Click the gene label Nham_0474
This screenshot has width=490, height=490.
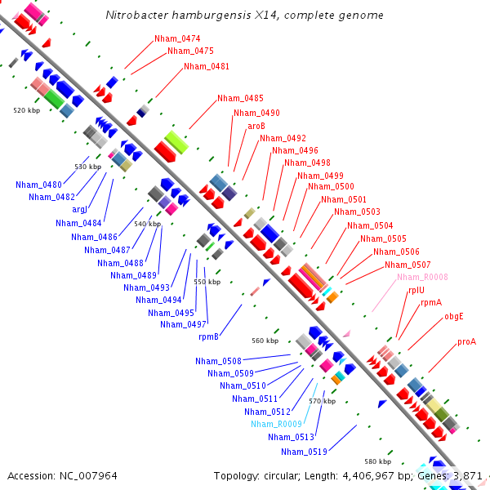(177, 38)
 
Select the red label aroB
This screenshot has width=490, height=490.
(256, 126)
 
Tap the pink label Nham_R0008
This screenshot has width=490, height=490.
(422, 277)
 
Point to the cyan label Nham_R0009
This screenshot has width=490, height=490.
(277, 424)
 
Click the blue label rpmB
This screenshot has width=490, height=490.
(209, 336)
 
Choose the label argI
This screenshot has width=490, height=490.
(80, 209)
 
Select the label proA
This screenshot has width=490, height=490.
(466, 341)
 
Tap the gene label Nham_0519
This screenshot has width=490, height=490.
(304, 452)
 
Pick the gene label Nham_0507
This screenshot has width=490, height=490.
(408, 265)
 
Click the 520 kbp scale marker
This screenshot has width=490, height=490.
(27, 109)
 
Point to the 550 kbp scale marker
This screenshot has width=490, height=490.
(207, 282)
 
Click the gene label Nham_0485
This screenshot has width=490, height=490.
(240, 99)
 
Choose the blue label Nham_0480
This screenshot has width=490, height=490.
(38, 185)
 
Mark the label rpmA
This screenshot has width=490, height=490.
(430, 302)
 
